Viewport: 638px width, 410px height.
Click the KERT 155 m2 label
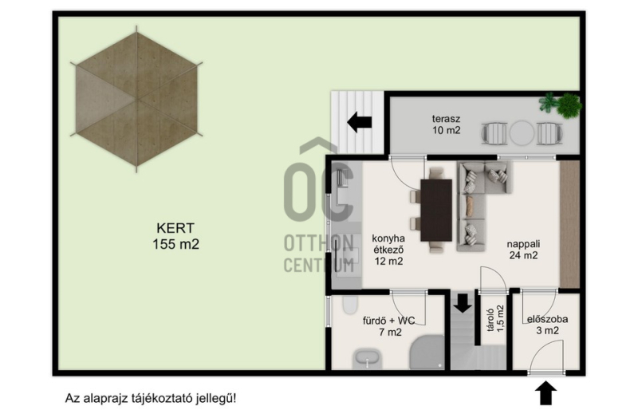175,236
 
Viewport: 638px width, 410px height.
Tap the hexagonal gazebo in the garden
136,99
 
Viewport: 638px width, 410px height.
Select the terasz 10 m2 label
446,124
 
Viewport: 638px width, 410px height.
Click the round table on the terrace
522,133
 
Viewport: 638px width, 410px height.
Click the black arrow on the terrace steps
360,122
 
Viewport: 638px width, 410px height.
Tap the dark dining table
436,210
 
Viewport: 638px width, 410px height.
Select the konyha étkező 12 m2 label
388,250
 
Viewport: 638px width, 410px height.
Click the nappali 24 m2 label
523,250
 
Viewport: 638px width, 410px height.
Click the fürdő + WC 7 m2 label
389,326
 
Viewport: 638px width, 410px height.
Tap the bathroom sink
368,358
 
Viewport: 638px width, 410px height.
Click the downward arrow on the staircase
463,302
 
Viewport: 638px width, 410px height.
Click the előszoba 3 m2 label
547,325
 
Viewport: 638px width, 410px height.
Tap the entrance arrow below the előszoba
545,393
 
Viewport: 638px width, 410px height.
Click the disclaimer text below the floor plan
151,398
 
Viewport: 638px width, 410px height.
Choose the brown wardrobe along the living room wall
569,224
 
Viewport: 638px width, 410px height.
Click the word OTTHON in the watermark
318,243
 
